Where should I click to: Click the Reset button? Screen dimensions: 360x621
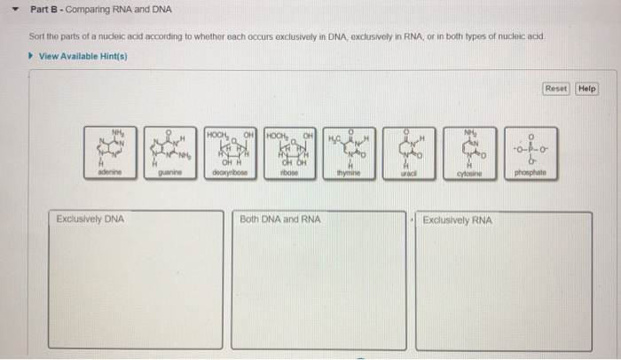pos(556,89)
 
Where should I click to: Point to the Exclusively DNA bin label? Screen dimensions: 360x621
pos(90,219)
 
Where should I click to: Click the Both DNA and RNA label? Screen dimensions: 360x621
pos(280,219)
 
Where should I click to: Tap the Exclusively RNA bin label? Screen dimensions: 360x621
pos(457,219)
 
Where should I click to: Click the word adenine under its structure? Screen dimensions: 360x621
pos(111,176)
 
